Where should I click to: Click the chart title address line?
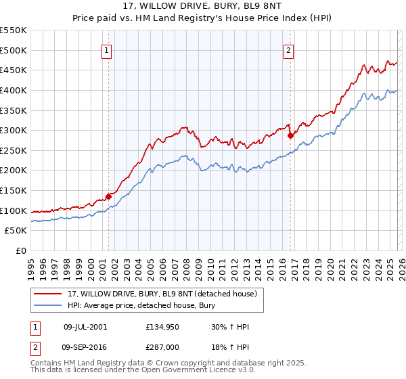point(203,5)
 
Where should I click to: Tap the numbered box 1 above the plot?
point(108,49)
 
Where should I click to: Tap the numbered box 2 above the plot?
point(289,49)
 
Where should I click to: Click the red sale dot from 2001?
point(108,196)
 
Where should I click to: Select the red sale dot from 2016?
point(290,135)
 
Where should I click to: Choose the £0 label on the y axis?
point(20,251)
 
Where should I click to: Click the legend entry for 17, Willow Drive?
point(162,294)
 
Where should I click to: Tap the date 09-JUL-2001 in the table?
point(85,327)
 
